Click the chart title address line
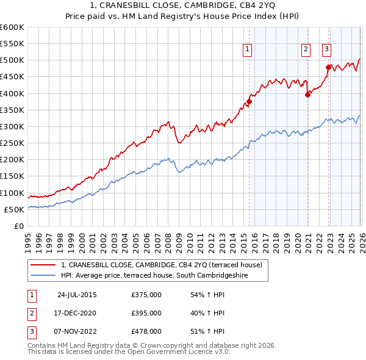(x=182, y=5)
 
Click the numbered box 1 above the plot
(x=248, y=50)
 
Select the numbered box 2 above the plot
(x=306, y=50)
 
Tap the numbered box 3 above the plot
(x=326, y=50)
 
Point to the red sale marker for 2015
(x=249, y=102)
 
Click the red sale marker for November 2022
(x=328, y=67)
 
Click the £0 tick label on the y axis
(x=20, y=226)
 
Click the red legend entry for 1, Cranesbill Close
(x=161, y=265)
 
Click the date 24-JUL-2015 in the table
(x=76, y=295)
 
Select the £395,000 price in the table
(x=146, y=313)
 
